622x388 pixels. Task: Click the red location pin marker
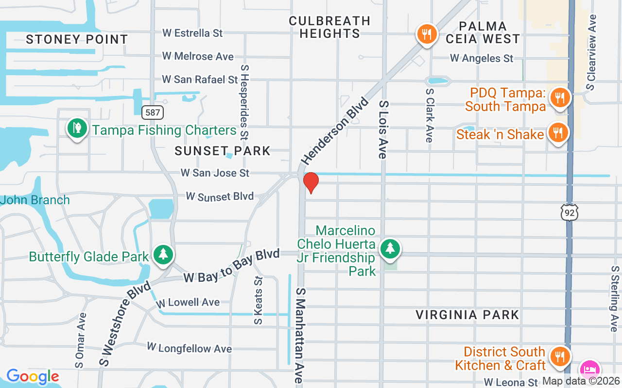311,182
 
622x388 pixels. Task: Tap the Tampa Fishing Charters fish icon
77,129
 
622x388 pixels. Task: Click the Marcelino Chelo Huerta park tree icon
390,249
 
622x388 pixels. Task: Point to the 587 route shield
153,113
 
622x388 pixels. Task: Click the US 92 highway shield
568,212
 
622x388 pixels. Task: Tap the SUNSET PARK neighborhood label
223,151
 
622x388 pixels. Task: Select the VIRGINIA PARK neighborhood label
467,315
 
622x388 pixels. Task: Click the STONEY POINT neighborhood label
77,39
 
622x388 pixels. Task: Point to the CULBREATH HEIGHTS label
329,27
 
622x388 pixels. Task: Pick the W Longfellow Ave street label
190,348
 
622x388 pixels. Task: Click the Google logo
33,376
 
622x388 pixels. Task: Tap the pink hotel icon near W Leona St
589,370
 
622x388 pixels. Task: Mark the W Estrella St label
192,33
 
